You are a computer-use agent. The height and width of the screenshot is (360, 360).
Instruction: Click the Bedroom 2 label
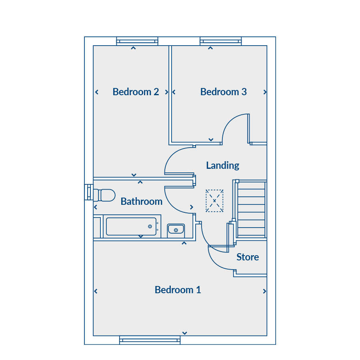(x=136, y=92)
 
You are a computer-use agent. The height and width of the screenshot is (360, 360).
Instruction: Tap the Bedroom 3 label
(x=223, y=92)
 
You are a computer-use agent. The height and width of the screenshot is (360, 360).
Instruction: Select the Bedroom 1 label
(x=178, y=290)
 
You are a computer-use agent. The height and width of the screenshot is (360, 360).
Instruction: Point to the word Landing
(x=222, y=166)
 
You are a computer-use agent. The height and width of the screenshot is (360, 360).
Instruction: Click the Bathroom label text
(x=142, y=201)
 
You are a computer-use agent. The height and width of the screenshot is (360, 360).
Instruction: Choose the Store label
(x=248, y=257)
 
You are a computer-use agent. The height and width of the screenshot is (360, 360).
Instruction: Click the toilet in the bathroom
(x=104, y=195)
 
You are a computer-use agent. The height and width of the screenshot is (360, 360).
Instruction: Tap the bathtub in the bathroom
(x=132, y=226)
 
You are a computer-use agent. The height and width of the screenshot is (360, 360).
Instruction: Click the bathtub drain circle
(x=150, y=227)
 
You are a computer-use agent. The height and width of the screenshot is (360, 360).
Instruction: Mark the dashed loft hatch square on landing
(x=214, y=201)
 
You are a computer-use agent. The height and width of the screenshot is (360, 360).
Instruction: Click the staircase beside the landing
(x=251, y=209)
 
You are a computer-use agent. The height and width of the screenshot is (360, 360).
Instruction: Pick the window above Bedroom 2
(x=137, y=41)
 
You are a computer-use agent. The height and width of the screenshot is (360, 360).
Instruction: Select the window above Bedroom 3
(x=221, y=41)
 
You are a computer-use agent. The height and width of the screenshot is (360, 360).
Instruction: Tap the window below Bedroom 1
(x=150, y=340)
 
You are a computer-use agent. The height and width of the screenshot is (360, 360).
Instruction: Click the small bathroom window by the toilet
(x=89, y=192)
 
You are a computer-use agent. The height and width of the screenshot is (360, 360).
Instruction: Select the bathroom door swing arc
(x=173, y=207)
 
